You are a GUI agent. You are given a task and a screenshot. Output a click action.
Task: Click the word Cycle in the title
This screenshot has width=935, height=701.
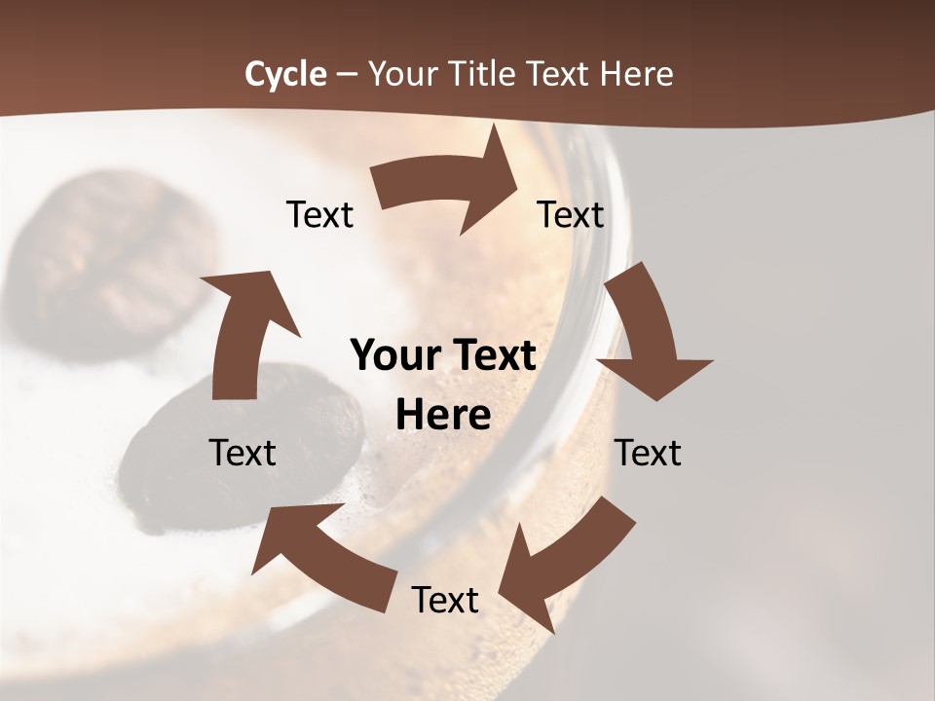pos(285,74)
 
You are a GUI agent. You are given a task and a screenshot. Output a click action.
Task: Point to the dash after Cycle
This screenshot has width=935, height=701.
pos(346,75)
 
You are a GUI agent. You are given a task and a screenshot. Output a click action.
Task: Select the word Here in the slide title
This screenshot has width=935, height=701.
pos(636,74)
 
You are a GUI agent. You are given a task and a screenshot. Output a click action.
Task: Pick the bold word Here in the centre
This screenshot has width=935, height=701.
pos(443,416)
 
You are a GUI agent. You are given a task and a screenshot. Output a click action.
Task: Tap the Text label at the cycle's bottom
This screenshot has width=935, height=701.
pos(445,600)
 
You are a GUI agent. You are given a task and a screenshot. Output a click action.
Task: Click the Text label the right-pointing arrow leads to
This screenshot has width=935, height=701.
pos(571,214)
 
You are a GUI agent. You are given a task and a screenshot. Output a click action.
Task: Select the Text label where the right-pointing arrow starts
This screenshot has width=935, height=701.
pos(319,214)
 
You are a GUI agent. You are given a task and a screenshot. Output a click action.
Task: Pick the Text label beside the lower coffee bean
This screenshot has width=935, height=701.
pos(243,453)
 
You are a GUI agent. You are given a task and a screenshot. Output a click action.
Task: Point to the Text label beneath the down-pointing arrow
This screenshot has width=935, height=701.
pos(648,453)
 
